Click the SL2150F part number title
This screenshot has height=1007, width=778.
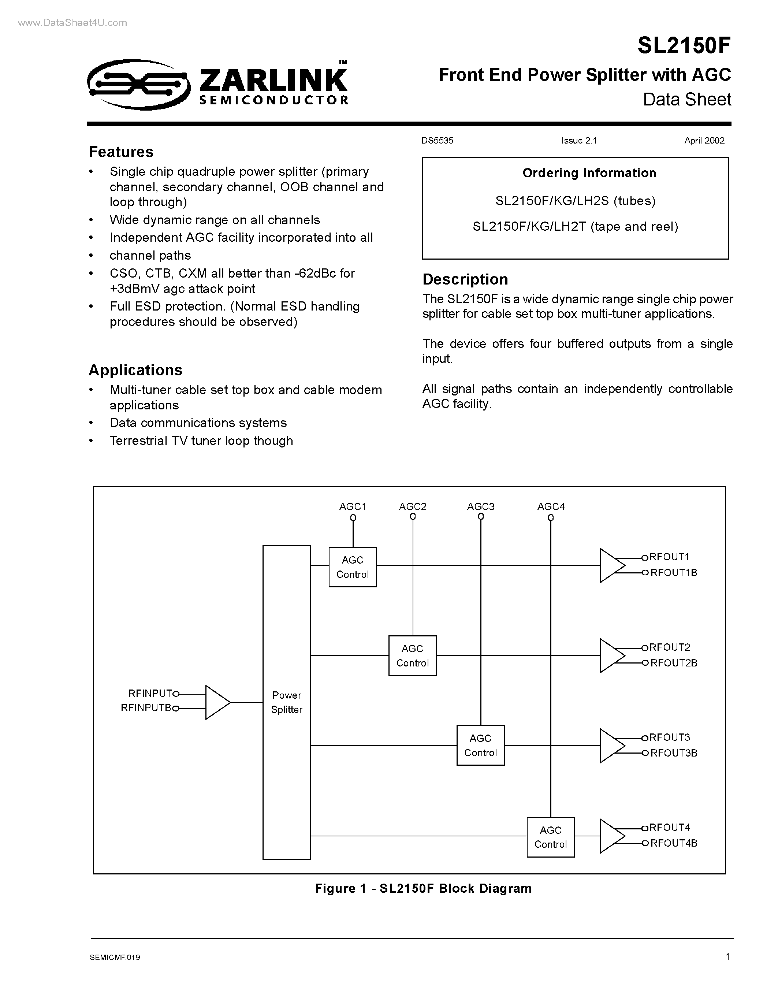684,46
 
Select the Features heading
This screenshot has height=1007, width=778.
121,152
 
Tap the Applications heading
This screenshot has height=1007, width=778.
135,370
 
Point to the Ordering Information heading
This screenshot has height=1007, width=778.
589,173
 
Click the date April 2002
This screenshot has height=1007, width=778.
704,141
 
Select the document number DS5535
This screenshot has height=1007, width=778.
437,141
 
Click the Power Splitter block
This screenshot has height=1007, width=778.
286,702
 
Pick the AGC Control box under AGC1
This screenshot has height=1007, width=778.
353,567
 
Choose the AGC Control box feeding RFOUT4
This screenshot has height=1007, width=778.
550,837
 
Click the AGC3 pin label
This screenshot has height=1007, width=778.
480,506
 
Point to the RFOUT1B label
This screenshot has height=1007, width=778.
673,573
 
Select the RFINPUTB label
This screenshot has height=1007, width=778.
146,708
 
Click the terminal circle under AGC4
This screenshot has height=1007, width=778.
550,518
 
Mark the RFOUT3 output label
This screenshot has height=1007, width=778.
669,737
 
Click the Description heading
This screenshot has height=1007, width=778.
465,279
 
